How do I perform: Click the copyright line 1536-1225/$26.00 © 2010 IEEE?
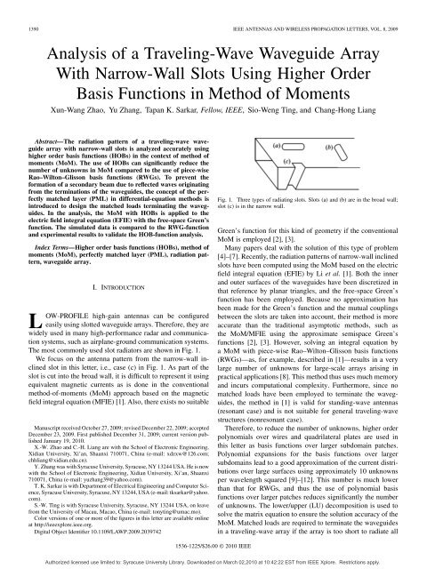tap(213, 552)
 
